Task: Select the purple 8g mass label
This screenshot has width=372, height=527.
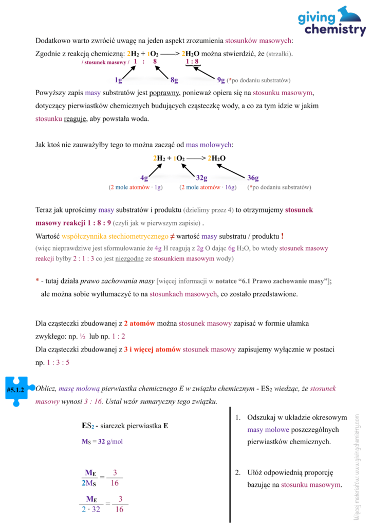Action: pyautogui.click(x=174, y=80)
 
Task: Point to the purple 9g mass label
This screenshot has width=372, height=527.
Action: pyautogui.click(x=221, y=80)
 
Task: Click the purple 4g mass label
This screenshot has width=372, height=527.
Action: pyautogui.click(x=144, y=178)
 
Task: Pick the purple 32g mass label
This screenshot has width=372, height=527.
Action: pyautogui.click(x=201, y=178)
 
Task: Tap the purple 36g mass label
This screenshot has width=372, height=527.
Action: pyautogui.click(x=253, y=178)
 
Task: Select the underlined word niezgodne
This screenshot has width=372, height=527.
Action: pyautogui.click(x=129, y=258)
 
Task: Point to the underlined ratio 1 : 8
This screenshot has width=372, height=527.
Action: pyautogui.click(x=193, y=62)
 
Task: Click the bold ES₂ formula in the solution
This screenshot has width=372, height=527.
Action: pyautogui.click(x=88, y=426)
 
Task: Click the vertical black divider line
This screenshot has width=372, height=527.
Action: pyautogui.click(x=229, y=463)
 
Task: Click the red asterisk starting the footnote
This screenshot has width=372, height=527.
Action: pyautogui.click(x=37, y=281)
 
